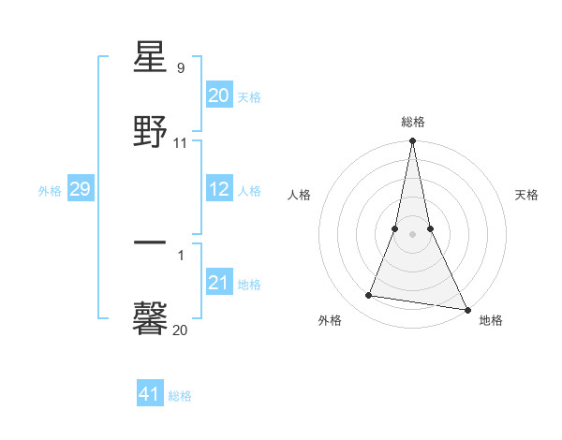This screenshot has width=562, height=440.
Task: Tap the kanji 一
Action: tap(151, 242)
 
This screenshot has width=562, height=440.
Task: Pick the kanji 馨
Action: tap(151, 318)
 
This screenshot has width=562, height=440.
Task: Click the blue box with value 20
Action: tap(218, 95)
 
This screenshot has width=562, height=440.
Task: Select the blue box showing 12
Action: tap(218, 189)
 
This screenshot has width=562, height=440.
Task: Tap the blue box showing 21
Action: tap(218, 282)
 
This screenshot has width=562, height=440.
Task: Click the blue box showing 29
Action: tap(80, 189)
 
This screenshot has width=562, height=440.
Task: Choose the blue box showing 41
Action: tap(149, 394)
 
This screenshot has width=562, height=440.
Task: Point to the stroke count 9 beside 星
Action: tap(180, 68)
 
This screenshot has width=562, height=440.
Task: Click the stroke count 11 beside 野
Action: tap(180, 143)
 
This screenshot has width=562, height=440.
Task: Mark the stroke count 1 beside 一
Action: tap(180, 254)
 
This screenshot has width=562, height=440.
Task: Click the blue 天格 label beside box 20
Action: tap(249, 96)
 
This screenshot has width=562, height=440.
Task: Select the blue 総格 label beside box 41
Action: tap(180, 396)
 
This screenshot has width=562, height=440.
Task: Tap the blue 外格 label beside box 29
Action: tap(50, 191)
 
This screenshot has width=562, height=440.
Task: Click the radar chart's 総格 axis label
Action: tap(412, 122)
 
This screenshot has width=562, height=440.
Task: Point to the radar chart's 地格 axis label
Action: tap(491, 320)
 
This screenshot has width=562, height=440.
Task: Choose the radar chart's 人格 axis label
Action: tap(299, 195)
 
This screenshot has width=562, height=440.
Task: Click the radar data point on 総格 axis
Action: tap(412, 142)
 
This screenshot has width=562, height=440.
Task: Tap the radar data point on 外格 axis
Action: tap(369, 296)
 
